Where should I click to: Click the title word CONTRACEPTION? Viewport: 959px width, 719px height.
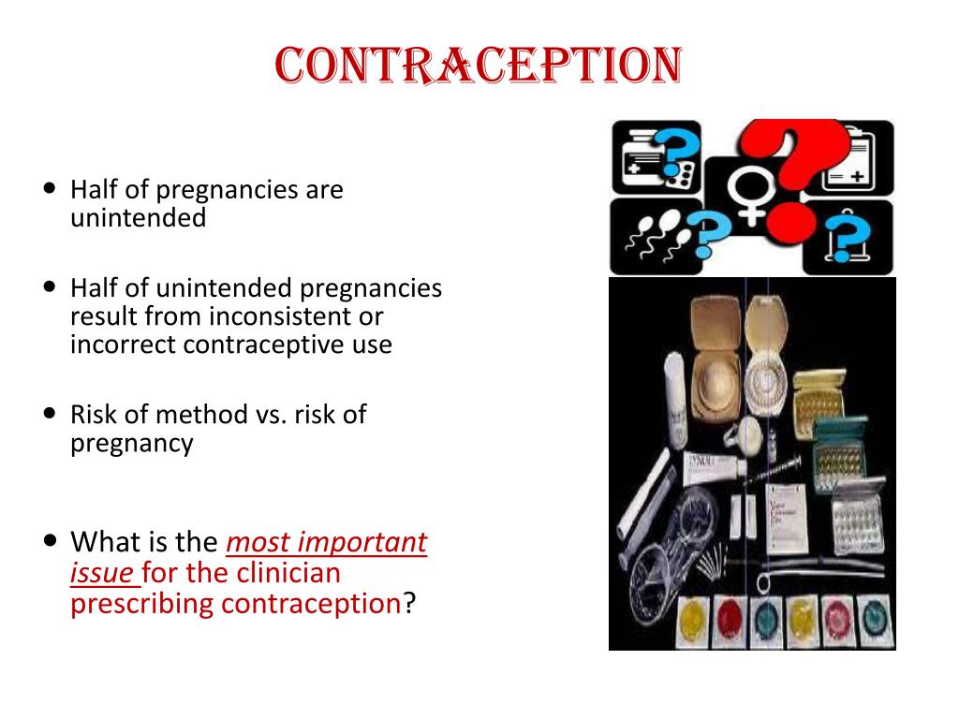(x=479, y=66)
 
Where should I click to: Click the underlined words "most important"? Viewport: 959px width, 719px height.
(x=327, y=542)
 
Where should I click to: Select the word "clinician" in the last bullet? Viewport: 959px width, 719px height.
(x=288, y=573)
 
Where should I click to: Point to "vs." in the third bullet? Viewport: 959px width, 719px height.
(x=269, y=414)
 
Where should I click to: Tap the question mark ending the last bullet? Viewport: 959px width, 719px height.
(x=408, y=604)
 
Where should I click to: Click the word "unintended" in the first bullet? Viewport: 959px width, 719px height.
(x=138, y=218)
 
